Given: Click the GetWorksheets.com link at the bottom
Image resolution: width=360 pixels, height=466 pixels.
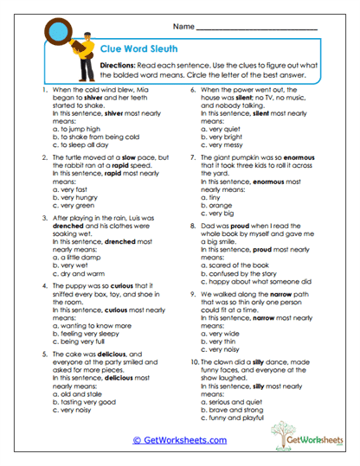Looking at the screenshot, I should pos(179,440).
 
